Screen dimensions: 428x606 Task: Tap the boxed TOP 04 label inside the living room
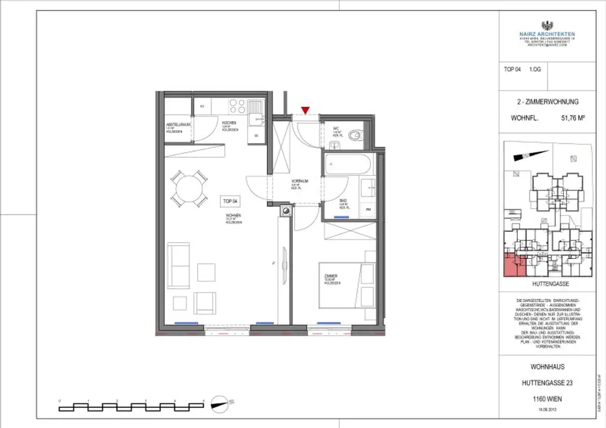(231, 201)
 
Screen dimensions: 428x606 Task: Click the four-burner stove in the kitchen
(237, 106)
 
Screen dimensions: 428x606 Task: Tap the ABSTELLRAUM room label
(178, 125)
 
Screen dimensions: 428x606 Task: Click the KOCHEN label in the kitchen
(229, 124)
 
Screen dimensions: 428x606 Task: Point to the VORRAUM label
(298, 182)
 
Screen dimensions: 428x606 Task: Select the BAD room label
(343, 201)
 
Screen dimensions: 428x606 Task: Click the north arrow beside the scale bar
(219, 405)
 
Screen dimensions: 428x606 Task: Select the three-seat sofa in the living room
(178, 265)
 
